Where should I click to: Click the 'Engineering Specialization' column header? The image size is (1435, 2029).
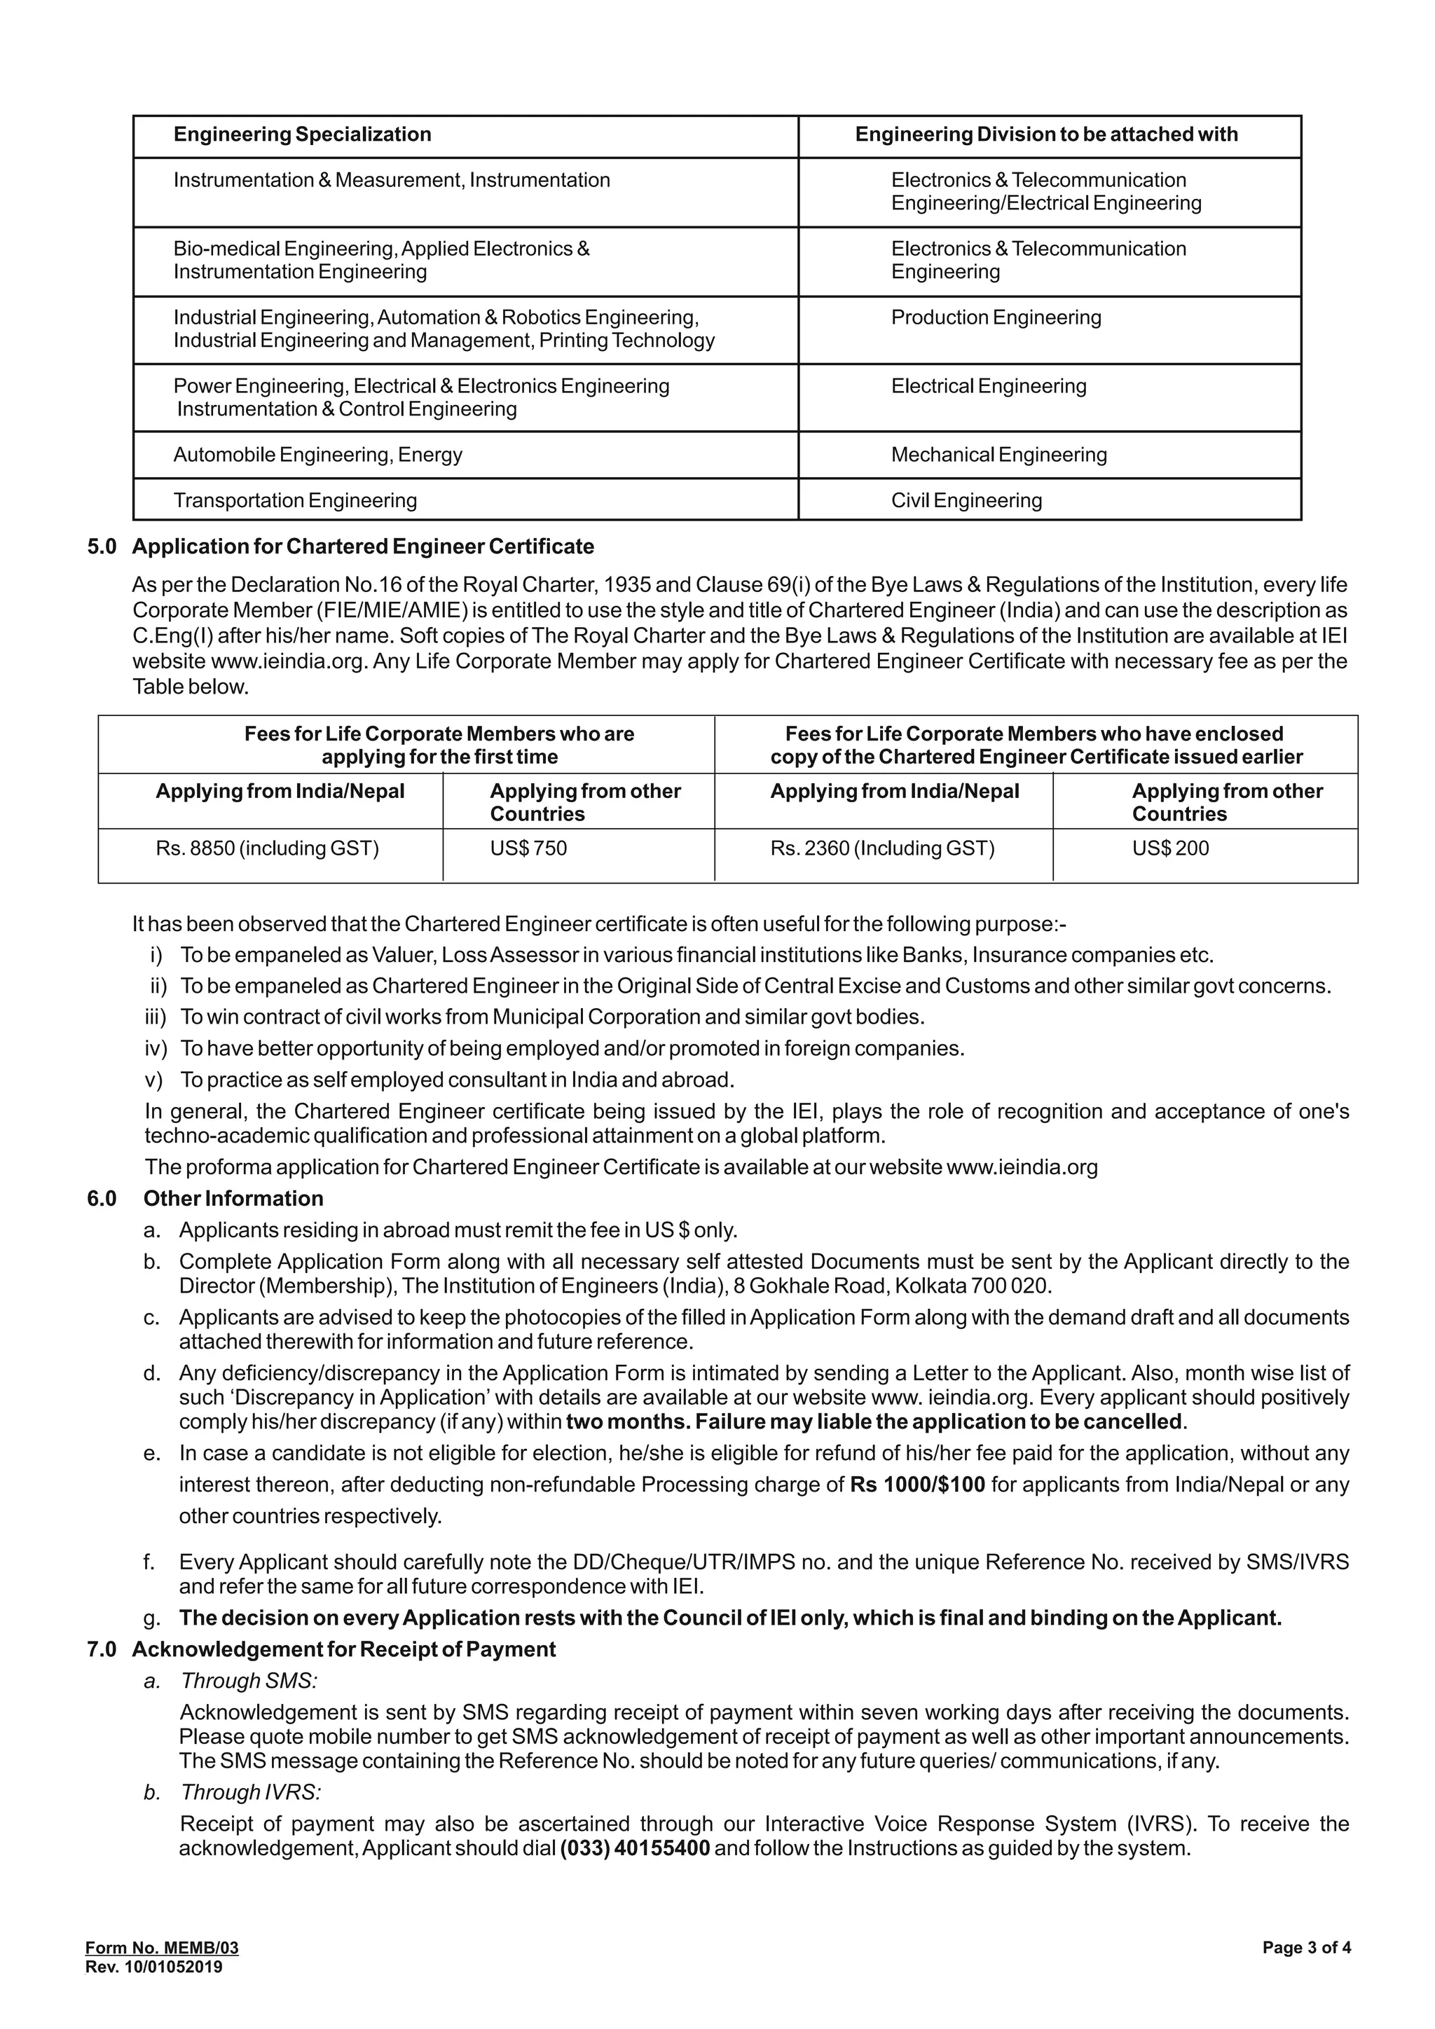(x=302, y=135)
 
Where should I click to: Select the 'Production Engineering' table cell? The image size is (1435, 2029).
(x=996, y=317)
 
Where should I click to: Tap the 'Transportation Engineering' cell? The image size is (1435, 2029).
(x=295, y=500)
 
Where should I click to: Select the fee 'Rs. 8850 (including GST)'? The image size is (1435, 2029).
(x=267, y=848)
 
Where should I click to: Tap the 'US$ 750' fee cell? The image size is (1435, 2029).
(x=528, y=848)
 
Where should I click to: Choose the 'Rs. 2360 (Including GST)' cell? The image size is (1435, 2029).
(x=882, y=848)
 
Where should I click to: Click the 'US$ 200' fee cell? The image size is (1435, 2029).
(x=1170, y=848)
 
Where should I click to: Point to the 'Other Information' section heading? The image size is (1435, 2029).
(x=233, y=1198)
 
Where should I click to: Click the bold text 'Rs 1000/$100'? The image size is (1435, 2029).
(x=917, y=1485)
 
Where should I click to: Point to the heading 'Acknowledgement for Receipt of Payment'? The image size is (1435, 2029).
(x=344, y=1649)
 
